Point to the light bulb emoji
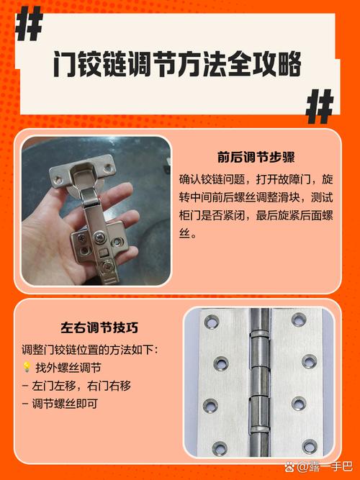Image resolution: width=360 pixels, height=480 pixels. tap(27, 368)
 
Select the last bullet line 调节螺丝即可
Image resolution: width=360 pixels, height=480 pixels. tap(69, 404)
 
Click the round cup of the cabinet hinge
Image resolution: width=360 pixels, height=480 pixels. tap(81, 178)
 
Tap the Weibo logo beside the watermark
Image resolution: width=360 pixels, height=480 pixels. tap(291, 466)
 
